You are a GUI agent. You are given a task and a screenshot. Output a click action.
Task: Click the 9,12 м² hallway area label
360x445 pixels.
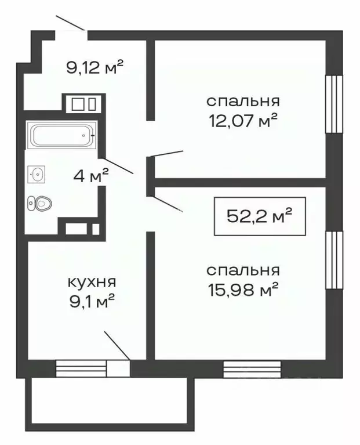(96, 68)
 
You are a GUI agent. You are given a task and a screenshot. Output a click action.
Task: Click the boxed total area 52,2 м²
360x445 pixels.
(258, 216)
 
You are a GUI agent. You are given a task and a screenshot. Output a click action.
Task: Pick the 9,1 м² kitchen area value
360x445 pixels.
(93, 300)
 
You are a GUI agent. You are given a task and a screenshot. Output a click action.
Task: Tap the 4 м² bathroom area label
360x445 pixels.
(90, 177)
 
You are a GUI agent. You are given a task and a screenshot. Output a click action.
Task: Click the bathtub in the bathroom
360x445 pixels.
(61, 136)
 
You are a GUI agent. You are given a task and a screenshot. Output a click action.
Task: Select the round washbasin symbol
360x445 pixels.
(38, 173)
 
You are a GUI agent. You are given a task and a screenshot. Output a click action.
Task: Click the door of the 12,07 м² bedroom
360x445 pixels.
(168, 154)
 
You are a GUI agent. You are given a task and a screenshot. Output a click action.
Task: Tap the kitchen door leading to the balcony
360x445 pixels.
(117, 346)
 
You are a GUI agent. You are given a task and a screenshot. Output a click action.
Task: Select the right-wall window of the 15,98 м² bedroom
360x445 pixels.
(334, 259)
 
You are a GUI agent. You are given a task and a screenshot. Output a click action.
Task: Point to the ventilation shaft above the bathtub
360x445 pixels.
(82, 104)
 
